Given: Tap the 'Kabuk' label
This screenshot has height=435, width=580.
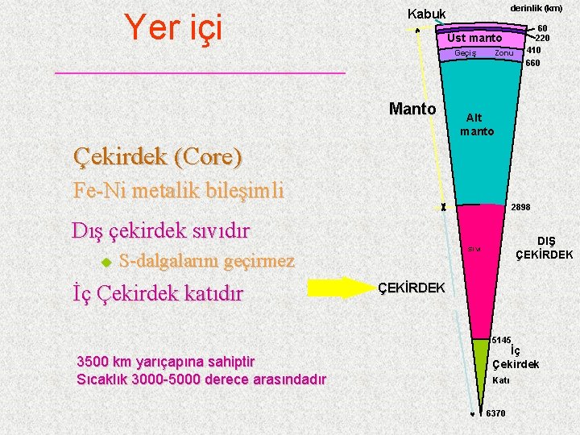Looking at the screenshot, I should [x=426, y=14].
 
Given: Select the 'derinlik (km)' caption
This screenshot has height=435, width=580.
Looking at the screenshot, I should [x=536, y=8].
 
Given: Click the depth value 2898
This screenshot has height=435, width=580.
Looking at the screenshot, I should [x=520, y=207].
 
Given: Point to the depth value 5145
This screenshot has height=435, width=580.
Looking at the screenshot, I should [x=502, y=340].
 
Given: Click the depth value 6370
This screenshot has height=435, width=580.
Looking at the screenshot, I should [x=495, y=413].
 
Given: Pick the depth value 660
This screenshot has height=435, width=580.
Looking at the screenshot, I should [x=532, y=62].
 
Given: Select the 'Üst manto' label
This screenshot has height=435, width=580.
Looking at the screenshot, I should [x=474, y=38].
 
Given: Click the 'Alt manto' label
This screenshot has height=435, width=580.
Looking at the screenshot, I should [x=477, y=125].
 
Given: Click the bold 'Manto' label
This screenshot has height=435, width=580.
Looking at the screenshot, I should [x=412, y=109].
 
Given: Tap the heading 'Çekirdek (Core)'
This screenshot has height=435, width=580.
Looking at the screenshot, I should [x=157, y=156].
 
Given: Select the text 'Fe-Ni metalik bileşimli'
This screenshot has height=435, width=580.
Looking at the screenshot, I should [x=178, y=191].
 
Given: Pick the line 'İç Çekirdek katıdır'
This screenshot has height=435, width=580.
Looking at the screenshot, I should [x=157, y=293].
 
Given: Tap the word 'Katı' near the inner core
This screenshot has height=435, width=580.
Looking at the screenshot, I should [x=500, y=380].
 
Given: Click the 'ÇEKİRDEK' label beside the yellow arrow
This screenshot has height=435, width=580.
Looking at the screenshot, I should [x=411, y=288].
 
